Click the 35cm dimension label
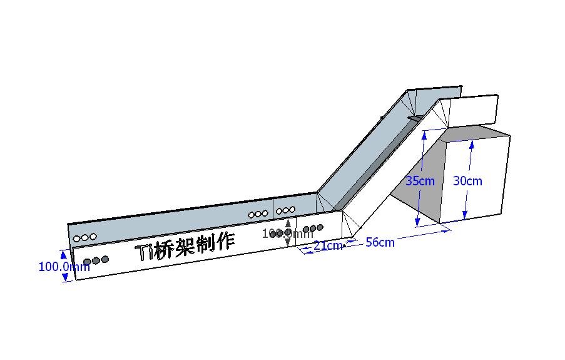click(x=420, y=181)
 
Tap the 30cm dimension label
click(x=467, y=181)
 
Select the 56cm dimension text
click(x=380, y=242)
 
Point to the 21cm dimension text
click(x=328, y=245)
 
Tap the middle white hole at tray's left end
click(x=85, y=237)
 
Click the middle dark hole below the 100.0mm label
click(x=96, y=260)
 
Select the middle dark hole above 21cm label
click(x=313, y=229)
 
